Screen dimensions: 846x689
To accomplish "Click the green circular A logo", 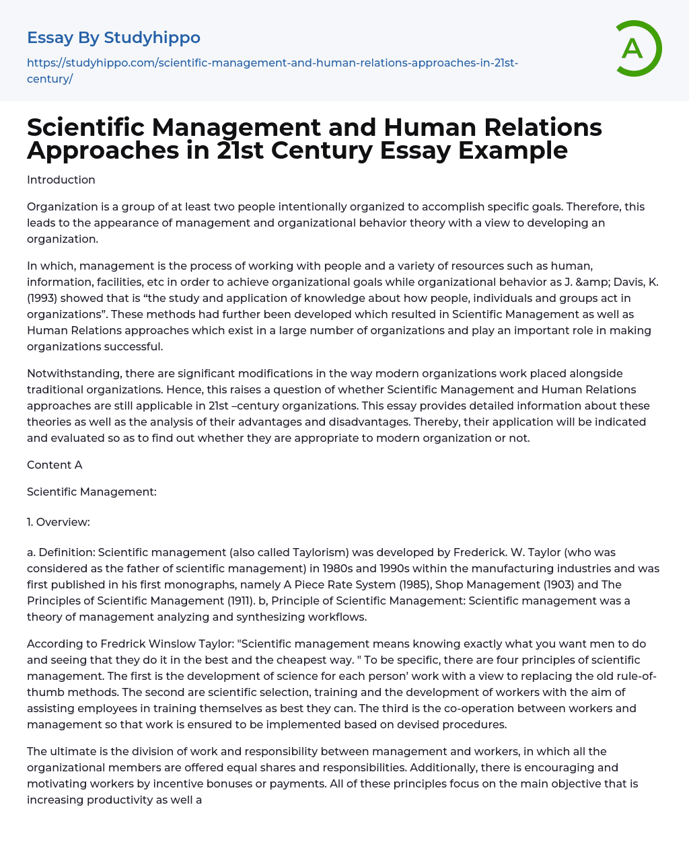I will pos(637,48).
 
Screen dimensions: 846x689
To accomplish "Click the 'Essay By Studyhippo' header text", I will pos(114,38).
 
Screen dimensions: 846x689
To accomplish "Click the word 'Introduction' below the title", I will pos(61,180).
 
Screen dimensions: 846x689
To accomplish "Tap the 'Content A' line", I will pos(55,465).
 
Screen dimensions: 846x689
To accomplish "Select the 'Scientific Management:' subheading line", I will pos(92,492).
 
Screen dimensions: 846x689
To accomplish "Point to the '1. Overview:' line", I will pos(59,522).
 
